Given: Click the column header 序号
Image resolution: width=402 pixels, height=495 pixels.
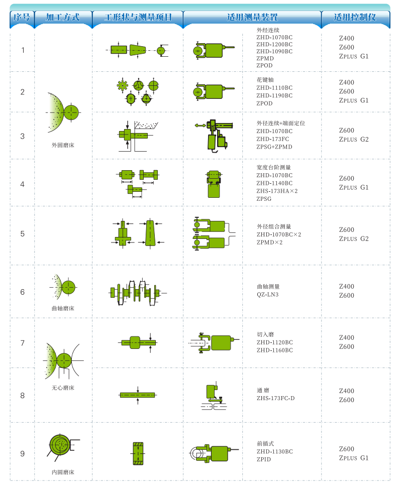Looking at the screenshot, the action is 22,17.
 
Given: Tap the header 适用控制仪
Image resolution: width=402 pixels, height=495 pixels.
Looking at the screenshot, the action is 355,17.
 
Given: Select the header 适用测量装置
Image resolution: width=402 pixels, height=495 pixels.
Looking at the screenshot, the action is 252,17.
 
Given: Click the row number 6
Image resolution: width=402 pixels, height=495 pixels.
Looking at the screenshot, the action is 23,292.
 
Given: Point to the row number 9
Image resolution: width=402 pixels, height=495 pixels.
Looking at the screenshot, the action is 23,454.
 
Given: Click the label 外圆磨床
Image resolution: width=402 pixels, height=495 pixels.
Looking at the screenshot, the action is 63,145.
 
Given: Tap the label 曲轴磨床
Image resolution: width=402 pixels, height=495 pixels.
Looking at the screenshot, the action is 63,308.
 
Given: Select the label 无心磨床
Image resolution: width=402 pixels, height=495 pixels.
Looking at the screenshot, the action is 63,388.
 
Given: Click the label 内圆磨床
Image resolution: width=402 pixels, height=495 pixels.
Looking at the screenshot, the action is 63,472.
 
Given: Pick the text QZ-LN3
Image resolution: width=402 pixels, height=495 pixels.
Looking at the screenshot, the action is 268,295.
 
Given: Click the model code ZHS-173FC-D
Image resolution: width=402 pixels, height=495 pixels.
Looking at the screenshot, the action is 275,399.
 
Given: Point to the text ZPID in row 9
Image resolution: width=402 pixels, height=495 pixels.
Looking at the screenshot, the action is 264,459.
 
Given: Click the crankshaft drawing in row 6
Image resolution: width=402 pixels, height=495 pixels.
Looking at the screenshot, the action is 138,293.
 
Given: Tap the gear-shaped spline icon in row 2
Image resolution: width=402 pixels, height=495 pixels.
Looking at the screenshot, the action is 122,85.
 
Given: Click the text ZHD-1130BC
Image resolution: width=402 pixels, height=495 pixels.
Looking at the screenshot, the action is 275,451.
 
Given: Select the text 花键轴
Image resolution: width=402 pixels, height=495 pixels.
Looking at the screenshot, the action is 265,80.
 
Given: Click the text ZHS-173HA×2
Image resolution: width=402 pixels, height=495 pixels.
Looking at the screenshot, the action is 277,191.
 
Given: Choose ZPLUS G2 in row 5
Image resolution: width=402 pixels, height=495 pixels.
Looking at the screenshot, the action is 354,238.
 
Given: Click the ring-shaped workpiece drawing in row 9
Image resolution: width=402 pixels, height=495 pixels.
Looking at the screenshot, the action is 138,453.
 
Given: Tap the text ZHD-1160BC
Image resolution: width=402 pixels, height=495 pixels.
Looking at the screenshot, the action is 275,350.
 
